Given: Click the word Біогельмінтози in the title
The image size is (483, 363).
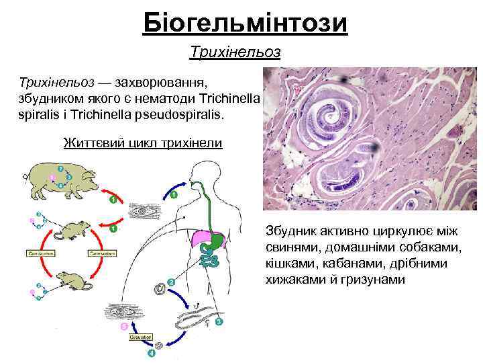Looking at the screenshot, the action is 246,24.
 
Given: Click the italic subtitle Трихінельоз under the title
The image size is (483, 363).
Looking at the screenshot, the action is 235,51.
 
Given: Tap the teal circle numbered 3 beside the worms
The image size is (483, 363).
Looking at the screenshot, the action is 219,323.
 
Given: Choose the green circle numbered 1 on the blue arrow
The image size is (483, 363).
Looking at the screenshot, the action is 173,195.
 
